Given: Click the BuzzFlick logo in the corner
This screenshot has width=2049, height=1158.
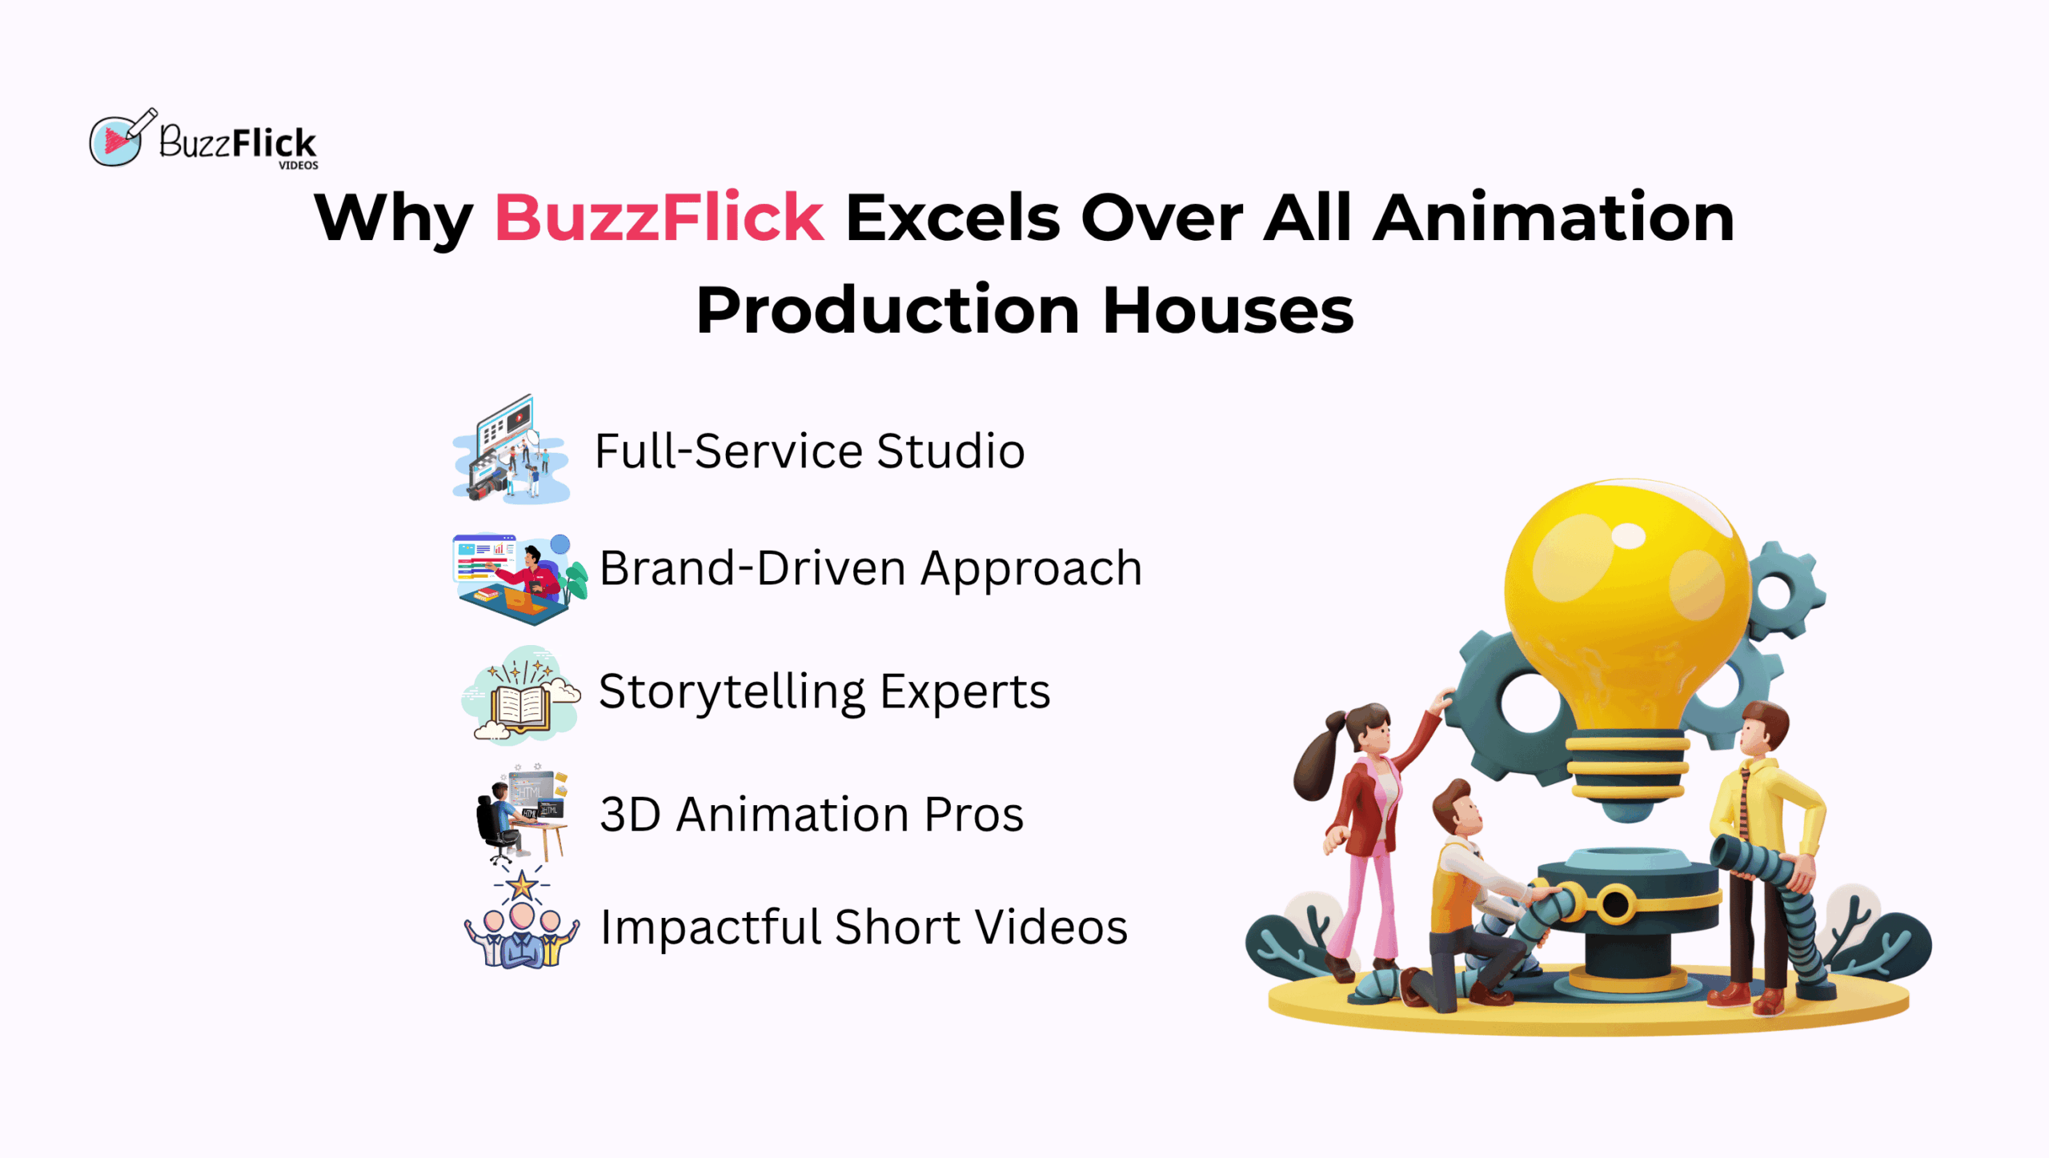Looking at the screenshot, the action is tap(203, 139).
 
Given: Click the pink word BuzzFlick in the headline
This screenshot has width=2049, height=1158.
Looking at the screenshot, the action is tap(660, 217).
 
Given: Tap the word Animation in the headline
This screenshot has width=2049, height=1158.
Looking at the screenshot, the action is tap(1554, 217).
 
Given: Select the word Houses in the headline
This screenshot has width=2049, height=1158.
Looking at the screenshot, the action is tap(1228, 311).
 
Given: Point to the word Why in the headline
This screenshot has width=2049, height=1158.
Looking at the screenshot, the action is tap(393, 220).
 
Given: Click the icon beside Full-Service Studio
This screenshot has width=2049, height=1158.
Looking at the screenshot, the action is tap(511, 449).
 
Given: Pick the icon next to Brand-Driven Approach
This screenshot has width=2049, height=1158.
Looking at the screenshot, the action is tap(519, 579).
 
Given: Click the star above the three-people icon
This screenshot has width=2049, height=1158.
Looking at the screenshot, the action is tap(522, 885).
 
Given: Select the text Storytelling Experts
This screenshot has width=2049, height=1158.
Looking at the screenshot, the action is tap(824, 693).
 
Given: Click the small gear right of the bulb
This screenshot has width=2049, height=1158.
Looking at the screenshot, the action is tap(1783, 591).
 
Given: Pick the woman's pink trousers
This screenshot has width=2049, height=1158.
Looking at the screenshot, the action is tap(1367, 904).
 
